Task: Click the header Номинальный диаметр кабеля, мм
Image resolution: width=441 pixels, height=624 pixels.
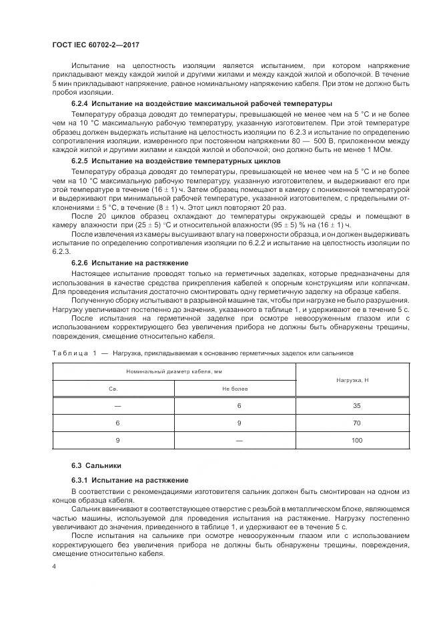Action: point(174,371)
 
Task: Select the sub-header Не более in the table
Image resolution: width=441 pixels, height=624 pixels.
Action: point(235,388)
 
